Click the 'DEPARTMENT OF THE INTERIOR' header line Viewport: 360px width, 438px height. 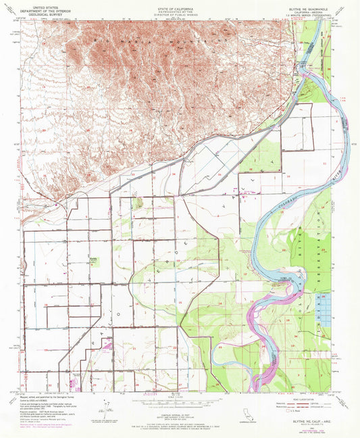click(45, 9)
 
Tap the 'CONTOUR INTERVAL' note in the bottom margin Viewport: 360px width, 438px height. click(180, 397)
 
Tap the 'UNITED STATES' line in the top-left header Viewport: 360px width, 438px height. click(45, 5)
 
